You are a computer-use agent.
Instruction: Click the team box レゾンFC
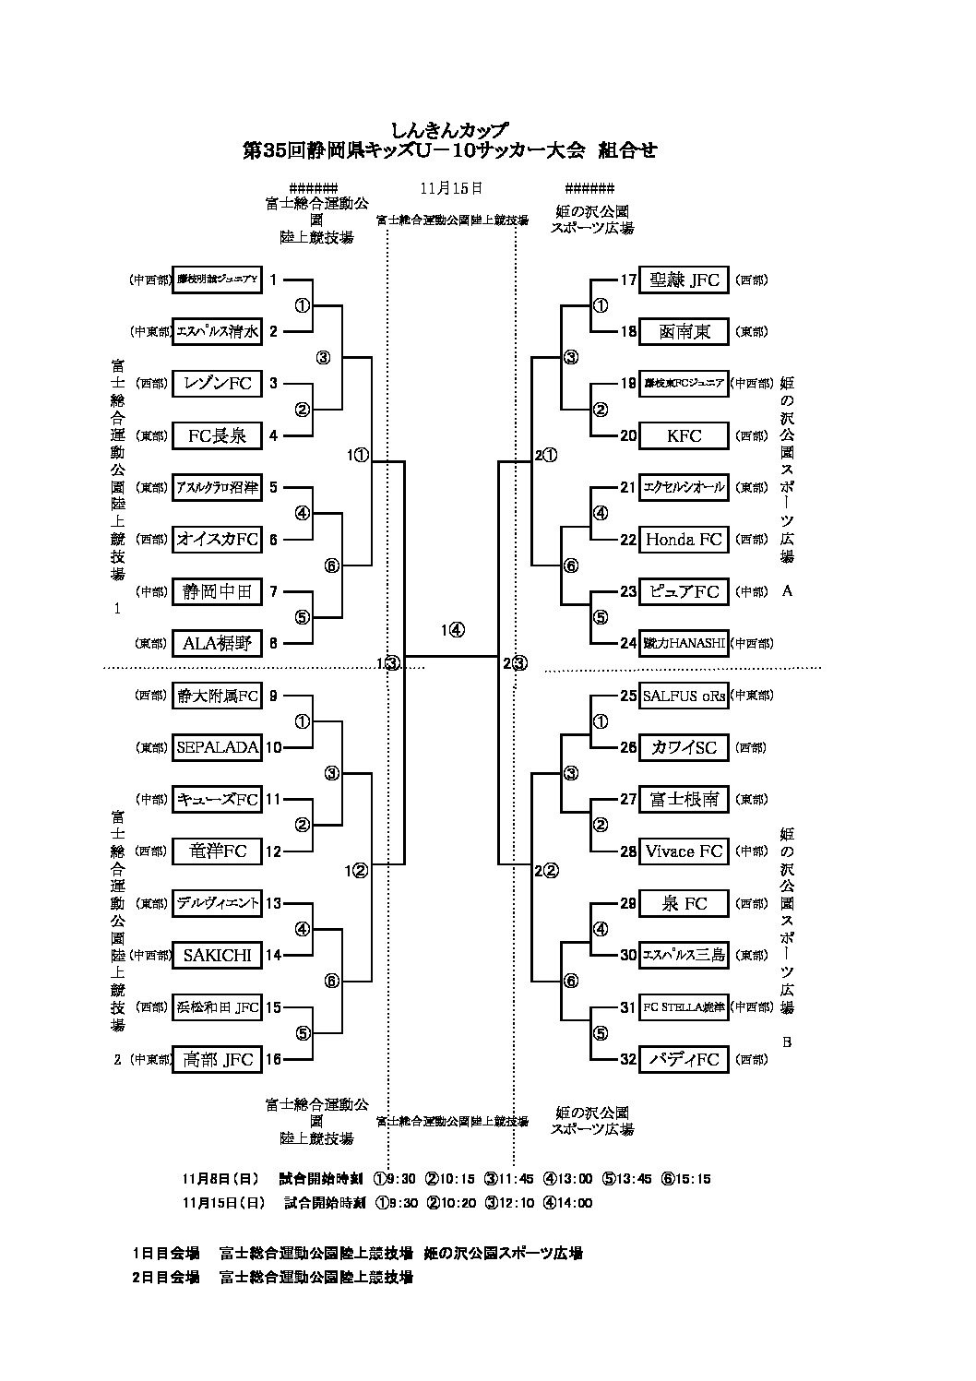[x=217, y=383]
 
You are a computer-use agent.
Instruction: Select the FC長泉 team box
[x=217, y=435]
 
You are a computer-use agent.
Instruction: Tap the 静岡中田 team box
[x=217, y=591]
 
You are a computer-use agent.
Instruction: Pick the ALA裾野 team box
[x=217, y=643]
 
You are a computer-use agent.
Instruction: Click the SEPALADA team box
[x=217, y=747]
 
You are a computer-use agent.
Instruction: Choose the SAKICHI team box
[x=217, y=955]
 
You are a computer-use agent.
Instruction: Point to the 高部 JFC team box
[x=217, y=1059]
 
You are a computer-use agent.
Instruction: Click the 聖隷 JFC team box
[x=684, y=280]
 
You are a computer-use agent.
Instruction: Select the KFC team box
[x=684, y=435]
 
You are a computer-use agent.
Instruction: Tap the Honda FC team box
[x=684, y=539]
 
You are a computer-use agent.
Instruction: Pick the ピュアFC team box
[x=684, y=591]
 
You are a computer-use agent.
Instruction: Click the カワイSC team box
[x=684, y=747]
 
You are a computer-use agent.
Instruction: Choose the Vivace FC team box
[x=684, y=851]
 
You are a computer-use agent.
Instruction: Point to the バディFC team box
[x=684, y=1059]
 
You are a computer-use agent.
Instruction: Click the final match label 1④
[x=452, y=631]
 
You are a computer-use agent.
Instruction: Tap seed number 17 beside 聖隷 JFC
[x=628, y=280]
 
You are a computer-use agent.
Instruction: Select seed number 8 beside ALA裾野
[x=273, y=643]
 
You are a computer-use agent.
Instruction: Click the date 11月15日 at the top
[x=451, y=187]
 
